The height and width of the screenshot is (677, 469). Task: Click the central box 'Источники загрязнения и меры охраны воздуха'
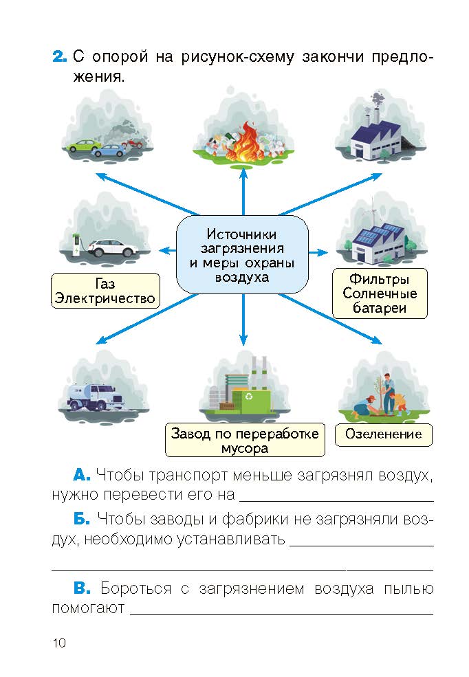pos(242,255)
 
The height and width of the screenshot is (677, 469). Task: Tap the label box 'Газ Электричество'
pos(105,291)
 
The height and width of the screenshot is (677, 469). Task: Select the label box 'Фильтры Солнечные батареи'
pos(380,293)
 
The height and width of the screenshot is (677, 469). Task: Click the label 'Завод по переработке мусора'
pos(245,440)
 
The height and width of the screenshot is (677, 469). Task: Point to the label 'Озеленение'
pos(384,434)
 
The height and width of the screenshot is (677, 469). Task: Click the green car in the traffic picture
pos(83,145)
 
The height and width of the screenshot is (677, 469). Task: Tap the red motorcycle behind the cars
pos(132,143)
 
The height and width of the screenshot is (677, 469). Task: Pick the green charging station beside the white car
pos(77,245)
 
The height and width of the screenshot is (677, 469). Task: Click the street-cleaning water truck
pos(95,397)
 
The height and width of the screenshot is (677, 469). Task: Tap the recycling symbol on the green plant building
pos(249,396)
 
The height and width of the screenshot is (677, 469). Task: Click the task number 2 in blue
pos(60,56)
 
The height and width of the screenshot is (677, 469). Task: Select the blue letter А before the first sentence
pos(82,476)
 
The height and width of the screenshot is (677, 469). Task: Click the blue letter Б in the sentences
pos(82,518)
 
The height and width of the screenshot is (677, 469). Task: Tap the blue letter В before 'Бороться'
pos(82,588)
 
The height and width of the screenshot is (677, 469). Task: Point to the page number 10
pos(59,643)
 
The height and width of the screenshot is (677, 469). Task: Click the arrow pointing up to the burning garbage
pos(243,191)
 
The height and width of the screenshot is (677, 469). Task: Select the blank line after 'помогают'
pos(281,614)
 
